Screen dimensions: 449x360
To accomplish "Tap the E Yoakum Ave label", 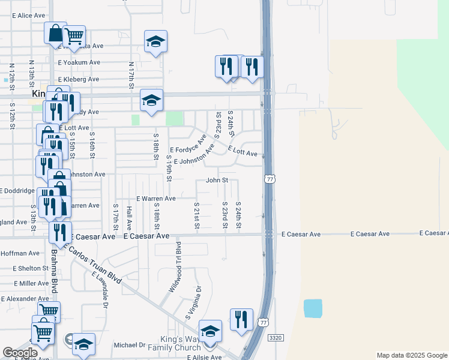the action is click(79, 62).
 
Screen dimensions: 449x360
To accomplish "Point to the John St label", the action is click(217, 180).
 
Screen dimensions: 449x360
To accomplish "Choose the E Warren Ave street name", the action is click(155, 198).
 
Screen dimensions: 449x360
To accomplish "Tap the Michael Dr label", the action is click(130, 345).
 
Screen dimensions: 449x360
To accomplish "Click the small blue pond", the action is click(313, 308).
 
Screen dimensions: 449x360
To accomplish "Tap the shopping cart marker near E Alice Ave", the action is click(74, 36).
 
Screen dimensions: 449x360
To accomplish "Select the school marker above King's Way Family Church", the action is click(210, 331).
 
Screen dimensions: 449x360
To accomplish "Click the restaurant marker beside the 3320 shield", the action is click(241, 320).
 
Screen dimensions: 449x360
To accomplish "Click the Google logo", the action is click(20, 352).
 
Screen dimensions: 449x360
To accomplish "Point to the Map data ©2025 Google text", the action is click(412, 355).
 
